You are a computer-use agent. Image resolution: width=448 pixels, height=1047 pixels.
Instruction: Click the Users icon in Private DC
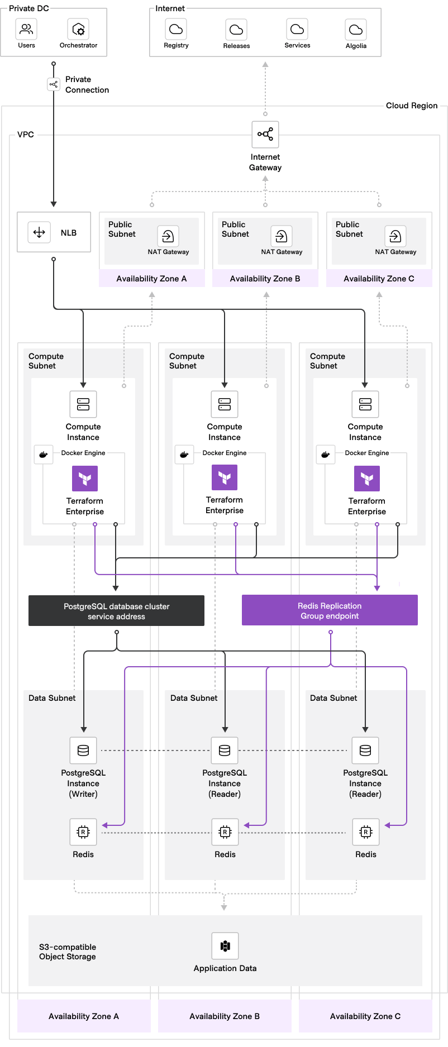pyautogui.click(x=26, y=29)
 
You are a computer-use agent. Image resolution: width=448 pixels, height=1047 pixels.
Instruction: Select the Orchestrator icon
pyautogui.click(x=79, y=29)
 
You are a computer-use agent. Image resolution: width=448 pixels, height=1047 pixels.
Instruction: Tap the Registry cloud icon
pyautogui.click(x=176, y=29)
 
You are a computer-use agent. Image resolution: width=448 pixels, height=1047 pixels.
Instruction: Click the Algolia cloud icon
pyautogui.click(x=356, y=30)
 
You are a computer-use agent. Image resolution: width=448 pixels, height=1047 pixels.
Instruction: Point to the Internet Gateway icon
pyautogui.click(x=265, y=135)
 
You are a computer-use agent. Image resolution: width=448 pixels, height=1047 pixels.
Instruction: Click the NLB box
pyautogui.click(x=54, y=232)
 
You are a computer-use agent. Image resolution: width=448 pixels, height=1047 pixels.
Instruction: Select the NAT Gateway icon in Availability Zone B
pyautogui.click(x=281, y=236)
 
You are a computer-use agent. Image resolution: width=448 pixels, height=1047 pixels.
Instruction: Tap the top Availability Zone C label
pyautogui.click(x=379, y=279)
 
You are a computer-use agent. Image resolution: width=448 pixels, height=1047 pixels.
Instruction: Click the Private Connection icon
pyautogui.click(x=54, y=85)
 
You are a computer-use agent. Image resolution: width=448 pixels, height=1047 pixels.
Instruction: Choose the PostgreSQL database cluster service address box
pyautogui.click(x=116, y=611)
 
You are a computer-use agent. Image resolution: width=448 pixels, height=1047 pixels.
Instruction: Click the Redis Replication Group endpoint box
pyautogui.click(x=330, y=610)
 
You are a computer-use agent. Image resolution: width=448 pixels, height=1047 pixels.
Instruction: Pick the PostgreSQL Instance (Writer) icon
pyautogui.click(x=83, y=750)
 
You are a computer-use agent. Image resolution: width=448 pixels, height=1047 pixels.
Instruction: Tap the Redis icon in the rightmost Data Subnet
pyautogui.click(x=365, y=832)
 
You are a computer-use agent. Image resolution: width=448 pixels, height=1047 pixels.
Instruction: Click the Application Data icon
pyautogui.click(x=225, y=946)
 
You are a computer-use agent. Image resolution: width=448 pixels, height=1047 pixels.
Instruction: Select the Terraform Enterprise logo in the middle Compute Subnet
pyautogui.click(x=225, y=477)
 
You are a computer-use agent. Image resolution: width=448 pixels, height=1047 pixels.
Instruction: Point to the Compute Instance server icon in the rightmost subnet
pyautogui.click(x=365, y=404)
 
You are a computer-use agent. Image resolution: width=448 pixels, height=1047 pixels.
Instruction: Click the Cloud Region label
pyautogui.click(x=412, y=106)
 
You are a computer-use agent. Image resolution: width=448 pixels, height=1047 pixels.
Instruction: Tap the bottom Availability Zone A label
pyautogui.click(x=84, y=1016)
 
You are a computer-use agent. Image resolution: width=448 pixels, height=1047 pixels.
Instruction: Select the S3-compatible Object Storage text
pyautogui.click(x=68, y=952)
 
